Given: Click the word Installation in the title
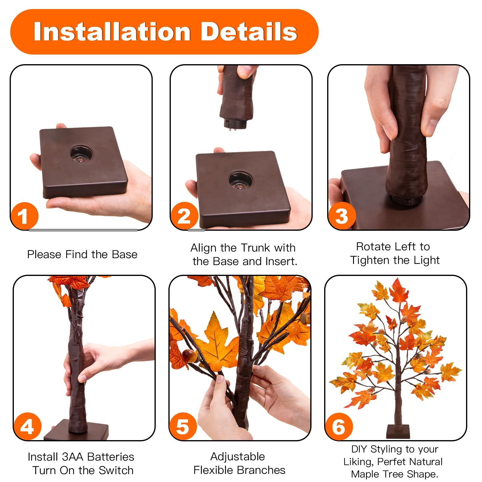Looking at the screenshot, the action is coord(112,31).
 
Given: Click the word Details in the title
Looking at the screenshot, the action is coord(249,31).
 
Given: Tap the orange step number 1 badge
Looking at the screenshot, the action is coord(24,216).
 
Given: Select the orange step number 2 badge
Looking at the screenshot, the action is coord(184,216).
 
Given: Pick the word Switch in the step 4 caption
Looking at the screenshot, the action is coord(116,470).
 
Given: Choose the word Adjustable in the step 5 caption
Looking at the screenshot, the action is coord(238,457).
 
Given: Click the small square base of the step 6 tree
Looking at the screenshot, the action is coord(398,431).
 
